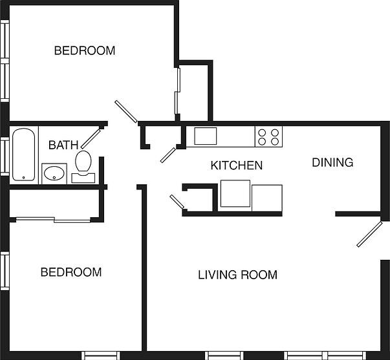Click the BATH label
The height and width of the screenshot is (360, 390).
point(63,145)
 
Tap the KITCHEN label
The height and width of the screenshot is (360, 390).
point(237,165)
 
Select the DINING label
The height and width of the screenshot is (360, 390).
point(332,162)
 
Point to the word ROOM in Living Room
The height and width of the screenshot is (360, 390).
point(259,275)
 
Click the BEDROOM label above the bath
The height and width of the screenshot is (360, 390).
point(84,50)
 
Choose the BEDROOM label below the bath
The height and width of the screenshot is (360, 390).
point(71,272)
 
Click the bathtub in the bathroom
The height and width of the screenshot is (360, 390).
point(23,155)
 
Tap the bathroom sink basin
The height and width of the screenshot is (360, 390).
point(54,173)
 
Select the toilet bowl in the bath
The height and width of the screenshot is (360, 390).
point(83,160)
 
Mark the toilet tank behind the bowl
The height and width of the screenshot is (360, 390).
point(83,177)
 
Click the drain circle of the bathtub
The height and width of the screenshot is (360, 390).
point(23,176)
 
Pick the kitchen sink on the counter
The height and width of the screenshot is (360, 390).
point(206,136)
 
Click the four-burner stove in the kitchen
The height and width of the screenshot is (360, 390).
point(268,136)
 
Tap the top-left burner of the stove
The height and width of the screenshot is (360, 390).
point(262,132)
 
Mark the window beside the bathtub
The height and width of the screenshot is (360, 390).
point(4,155)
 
